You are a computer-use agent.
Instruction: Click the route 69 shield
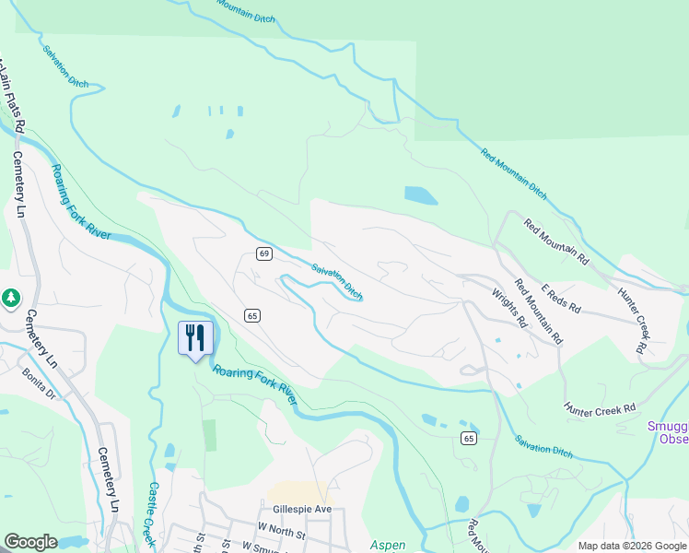263,253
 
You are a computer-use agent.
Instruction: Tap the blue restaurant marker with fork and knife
195,338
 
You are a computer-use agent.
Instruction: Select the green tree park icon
10,298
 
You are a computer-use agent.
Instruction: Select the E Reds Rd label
561,296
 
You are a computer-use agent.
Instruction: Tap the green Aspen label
388,545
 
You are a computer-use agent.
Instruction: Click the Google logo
30,542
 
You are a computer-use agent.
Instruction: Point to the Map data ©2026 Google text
631,546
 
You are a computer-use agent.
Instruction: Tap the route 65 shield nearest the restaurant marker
252,316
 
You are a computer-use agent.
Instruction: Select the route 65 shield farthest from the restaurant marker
470,437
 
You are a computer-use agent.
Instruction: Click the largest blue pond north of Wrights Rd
420,195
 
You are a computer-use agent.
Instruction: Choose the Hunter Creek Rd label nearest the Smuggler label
601,407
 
